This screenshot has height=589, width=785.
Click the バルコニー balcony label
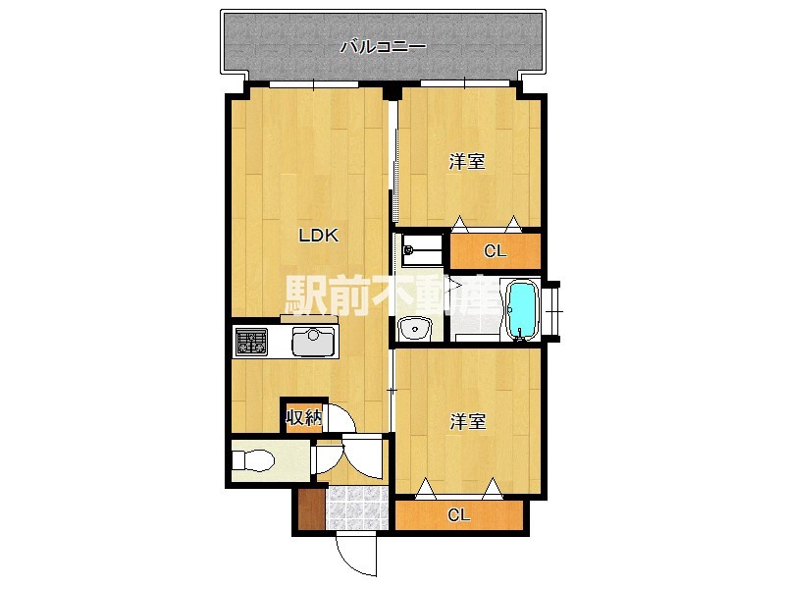tap(383, 47)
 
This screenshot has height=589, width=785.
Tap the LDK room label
tap(319, 235)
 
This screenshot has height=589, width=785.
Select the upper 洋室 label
tap(467, 161)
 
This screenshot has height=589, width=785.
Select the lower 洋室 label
tap(468, 421)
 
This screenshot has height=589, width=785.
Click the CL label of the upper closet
tap(496, 251)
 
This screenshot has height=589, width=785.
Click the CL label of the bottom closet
tap(459, 514)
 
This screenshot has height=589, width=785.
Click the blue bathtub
tap(522, 310)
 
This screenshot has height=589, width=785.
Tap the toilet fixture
tap(254, 459)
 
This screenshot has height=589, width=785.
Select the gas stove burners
tap(251, 342)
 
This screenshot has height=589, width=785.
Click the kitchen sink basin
tap(313, 342)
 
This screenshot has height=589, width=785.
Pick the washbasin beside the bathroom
tap(415, 329)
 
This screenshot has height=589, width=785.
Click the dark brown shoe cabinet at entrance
tap(311, 509)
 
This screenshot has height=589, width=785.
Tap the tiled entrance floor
tap(357, 508)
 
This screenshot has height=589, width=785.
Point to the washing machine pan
tap(424, 250)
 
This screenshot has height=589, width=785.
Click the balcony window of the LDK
tap(314, 84)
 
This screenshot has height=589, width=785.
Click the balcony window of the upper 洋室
tap(465, 83)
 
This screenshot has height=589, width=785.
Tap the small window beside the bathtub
tap(552, 311)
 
